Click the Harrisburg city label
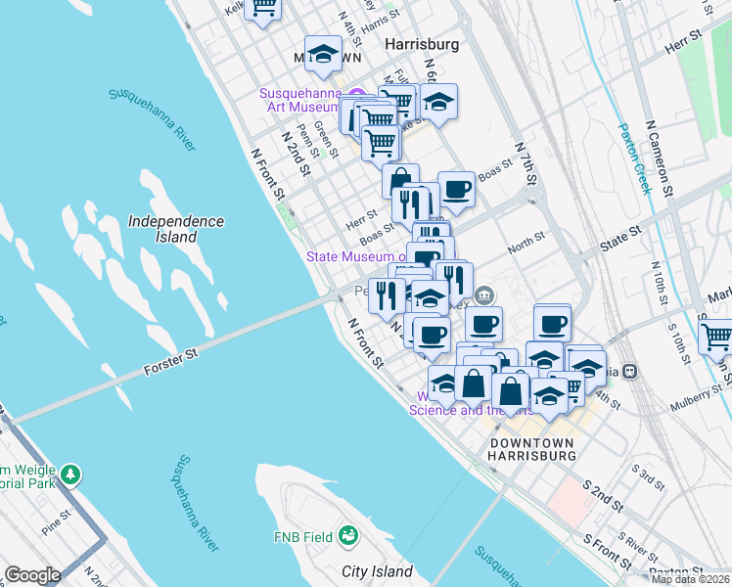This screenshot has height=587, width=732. click(x=422, y=45)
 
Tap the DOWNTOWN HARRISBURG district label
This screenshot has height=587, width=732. click(x=531, y=449)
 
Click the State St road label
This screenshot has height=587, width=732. click(x=621, y=234)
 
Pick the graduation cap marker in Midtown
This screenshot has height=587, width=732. click(x=323, y=53)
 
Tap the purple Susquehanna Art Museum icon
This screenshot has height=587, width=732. click(x=356, y=94)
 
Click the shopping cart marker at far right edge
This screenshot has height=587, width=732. click(x=717, y=334)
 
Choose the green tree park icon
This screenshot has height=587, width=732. click(x=70, y=474)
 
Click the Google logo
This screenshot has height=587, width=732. click(x=32, y=575)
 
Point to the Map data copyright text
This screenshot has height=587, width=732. click(x=690, y=579)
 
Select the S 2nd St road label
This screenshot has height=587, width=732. click(x=603, y=497)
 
